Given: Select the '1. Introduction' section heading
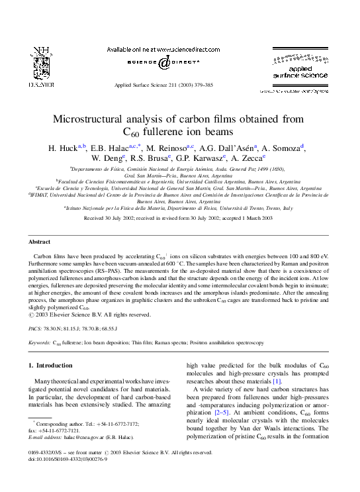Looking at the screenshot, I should [51, 366].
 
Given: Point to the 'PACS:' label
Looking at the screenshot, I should [36, 328].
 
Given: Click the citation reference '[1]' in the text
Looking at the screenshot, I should [277, 381].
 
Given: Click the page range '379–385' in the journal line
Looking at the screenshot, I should [202, 85].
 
